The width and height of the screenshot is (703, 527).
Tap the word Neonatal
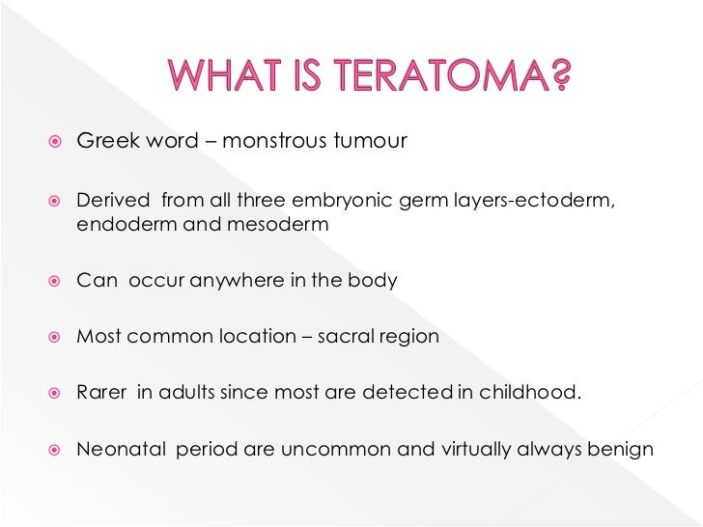tap(120, 450)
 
